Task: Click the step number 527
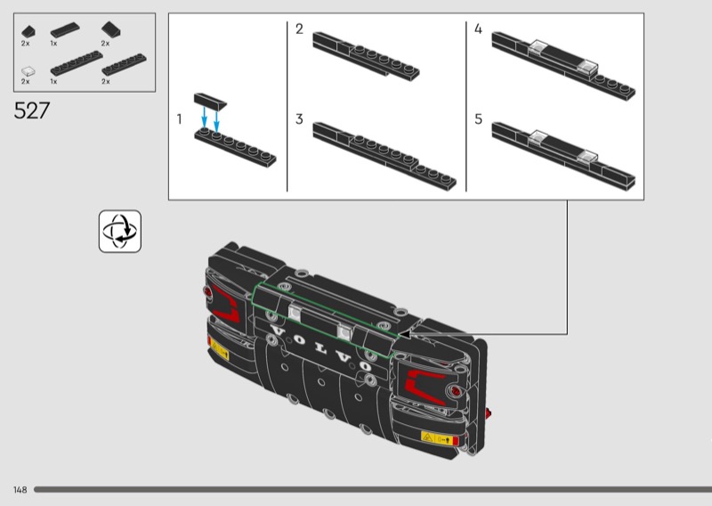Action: [31, 110]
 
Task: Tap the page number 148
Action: [20, 490]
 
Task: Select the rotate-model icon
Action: [120, 231]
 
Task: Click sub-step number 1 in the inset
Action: [180, 119]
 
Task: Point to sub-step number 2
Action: [299, 29]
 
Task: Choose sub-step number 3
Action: [299, 119]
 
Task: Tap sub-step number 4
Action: [478, 29]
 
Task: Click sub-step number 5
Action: [478, 119]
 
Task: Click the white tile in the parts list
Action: [28, 71]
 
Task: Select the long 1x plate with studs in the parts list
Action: [77, 63]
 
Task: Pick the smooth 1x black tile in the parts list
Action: [65, 30]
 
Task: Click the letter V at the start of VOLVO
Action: [278, 331]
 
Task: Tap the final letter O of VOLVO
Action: [366, 366]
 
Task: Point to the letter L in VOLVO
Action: [321, 348]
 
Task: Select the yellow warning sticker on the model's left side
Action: [218, 348]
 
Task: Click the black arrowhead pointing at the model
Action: [404, 335]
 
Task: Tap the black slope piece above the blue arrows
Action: [210, 101]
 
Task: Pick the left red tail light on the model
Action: [226, 303]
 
